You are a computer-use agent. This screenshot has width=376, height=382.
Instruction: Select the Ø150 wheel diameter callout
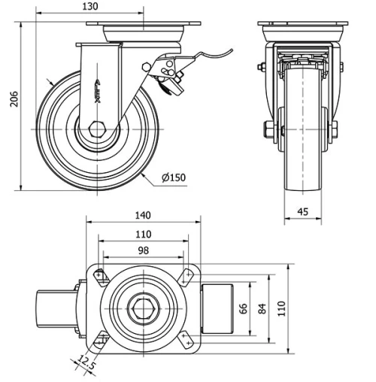click(172, 177)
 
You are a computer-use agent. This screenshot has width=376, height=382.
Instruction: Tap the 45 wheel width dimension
click(303, 212)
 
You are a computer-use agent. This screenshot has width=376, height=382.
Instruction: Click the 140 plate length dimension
click(142, 215)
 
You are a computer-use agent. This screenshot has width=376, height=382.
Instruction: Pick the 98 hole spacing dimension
click(142, 250)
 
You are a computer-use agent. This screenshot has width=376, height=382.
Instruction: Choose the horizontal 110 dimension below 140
click(142, 233)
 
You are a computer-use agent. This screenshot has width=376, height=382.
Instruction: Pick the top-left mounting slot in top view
click(99, 276)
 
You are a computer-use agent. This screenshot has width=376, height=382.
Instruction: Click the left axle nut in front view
click(267, 129)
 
